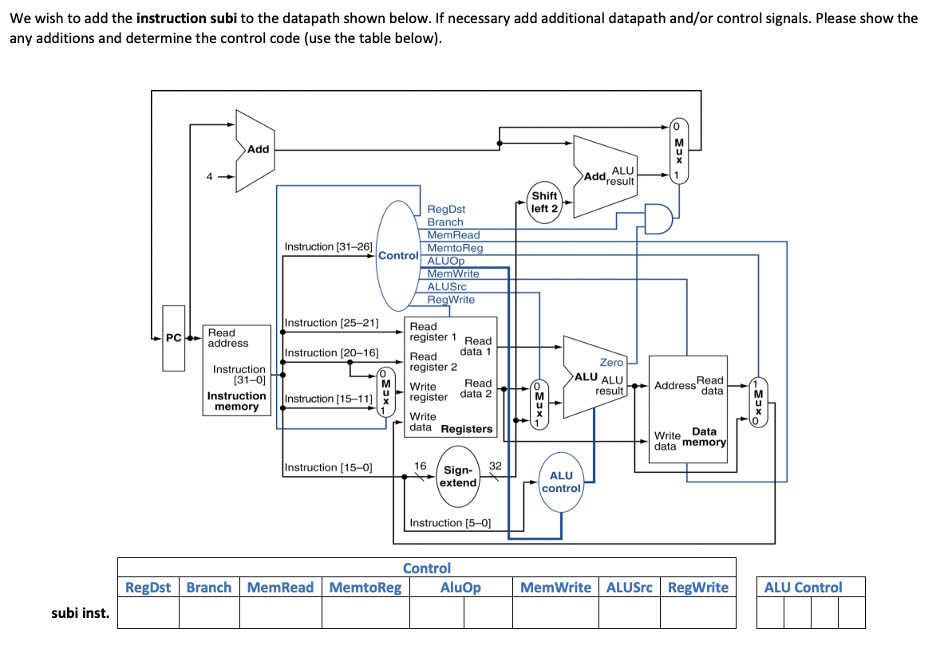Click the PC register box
tap(173, 338)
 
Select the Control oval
tap(398, 255)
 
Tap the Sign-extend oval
tap(458, 477)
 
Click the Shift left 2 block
tap(544, 203)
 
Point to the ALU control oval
tap(561, 482)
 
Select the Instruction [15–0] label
tap(328, 467)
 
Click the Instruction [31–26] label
tap(328, 247)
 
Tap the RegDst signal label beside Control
tap(446, 210)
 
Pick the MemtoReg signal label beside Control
tap(455, 248)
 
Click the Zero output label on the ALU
tap(611, 363)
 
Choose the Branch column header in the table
tap(209, 588)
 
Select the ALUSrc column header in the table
tap(630, 588)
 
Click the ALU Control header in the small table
tap(803, 588)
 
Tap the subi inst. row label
tap(81, 613)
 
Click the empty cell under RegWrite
tap(697, 613)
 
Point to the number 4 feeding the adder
tap(210, 177)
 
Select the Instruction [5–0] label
tap(450, 523)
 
